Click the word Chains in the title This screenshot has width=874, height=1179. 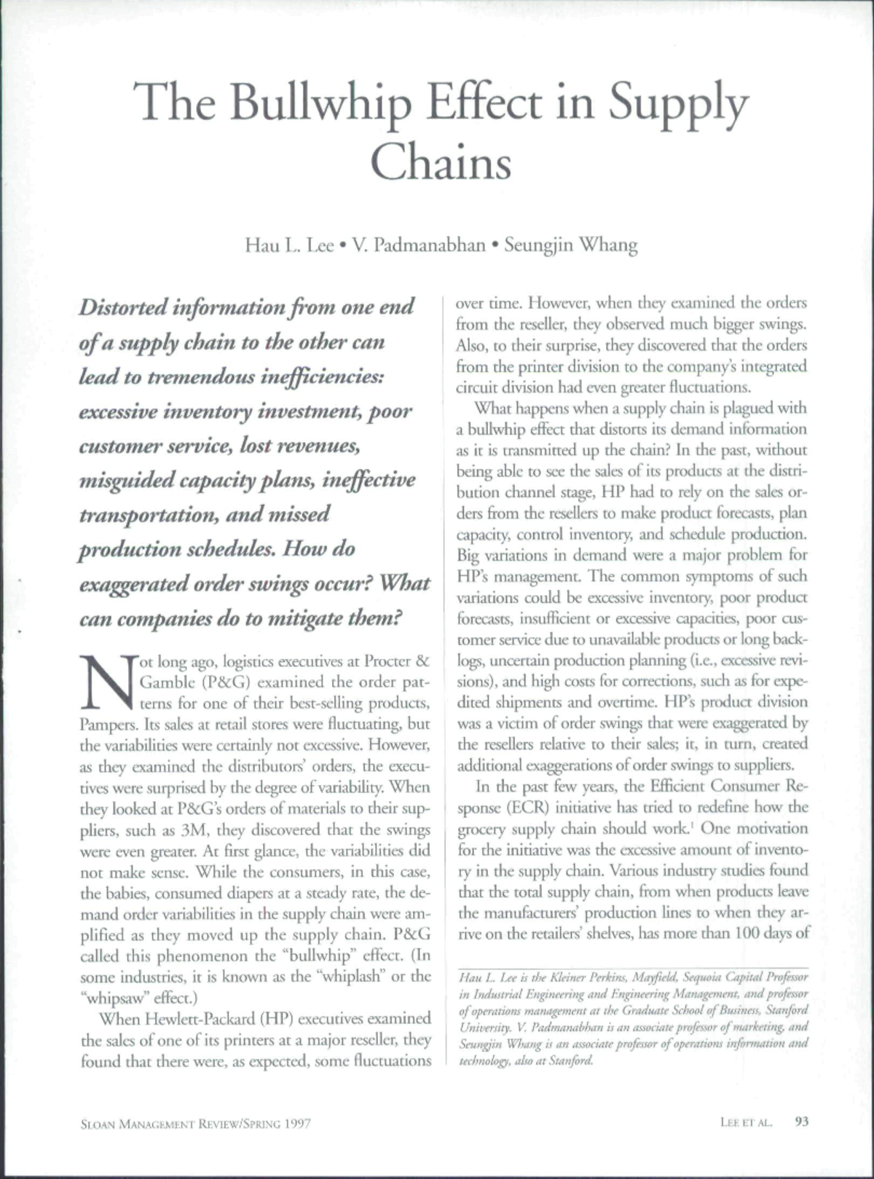pyautogui.click(x=441, y=162)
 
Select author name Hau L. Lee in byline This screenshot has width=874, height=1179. pyautogui.click(x=289, y=245)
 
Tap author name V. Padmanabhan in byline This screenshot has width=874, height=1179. pyautogui.click(x=419, y=245)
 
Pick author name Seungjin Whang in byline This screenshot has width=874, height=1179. pyautogui.click(x=570, y=245)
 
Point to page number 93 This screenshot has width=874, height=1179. pyautogui.click(x=802, y=1122)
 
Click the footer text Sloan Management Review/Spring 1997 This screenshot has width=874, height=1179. pyautogui.click(x=195, y=1124)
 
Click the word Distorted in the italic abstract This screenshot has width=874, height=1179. pyautogui.click(x=122, y=307)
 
